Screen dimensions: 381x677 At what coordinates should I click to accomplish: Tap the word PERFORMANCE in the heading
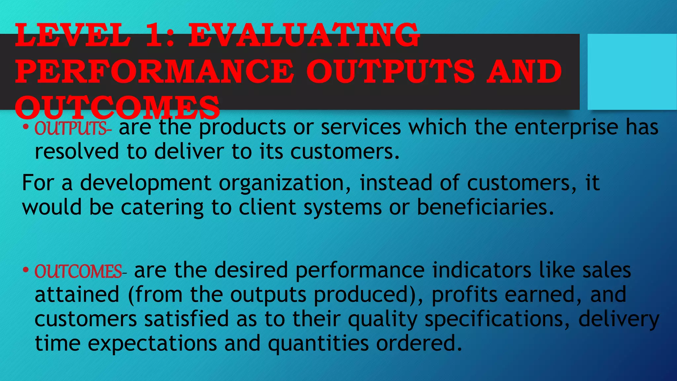click(154, 71)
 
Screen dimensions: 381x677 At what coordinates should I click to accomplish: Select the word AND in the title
click(524, 71)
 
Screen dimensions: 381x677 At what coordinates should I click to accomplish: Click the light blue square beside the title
click(632, 71)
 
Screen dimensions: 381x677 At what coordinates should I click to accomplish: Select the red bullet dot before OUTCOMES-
click(26, 270)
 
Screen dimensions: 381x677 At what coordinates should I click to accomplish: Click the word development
click(145, 183)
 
